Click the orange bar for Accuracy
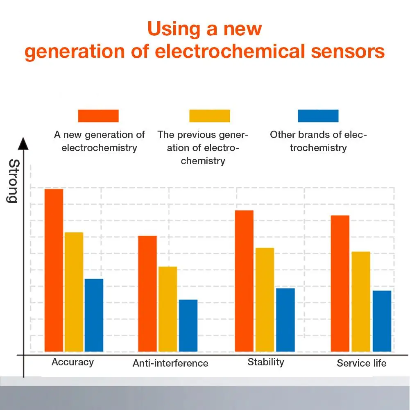(x=54, y=270)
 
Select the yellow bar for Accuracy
(x=74, y=292)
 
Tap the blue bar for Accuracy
(x=94, y=315)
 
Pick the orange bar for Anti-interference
(x=147, y=294)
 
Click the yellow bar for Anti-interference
(x=168, y=309)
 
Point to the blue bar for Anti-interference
(x=188, y=326)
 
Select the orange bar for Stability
(x=244, y=281)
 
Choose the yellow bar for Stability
(x=265, y=300)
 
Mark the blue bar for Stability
(x=285, y=320)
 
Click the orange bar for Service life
(x=340, y=283)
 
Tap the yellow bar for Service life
(x=361, y=301)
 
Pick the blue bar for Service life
(x=382, y=321)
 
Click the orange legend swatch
(x=98, y=116)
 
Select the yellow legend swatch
(x=209, y=116)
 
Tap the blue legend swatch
(x=318, y=116)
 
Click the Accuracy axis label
(x=72, y=362)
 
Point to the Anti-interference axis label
(x=170, y=363)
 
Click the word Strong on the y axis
(x=13, y=181)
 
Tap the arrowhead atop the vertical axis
(x=24, y=144)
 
